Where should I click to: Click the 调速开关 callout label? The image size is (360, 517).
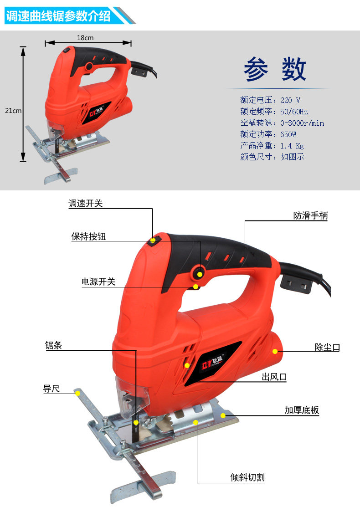[86, 204]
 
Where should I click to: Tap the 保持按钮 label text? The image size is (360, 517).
[88, 236]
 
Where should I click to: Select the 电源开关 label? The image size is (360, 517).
[98, 282]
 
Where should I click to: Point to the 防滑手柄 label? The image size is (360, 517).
[310, 215]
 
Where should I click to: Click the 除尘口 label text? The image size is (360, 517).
[327, 347]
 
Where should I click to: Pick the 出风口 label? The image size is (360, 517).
[274, 377]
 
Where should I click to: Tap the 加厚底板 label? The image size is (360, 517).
[302, 410]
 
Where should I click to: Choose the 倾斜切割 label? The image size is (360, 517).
[247, 477]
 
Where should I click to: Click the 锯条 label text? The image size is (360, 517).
[53, 345]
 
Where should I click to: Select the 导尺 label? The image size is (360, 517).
[51, 389]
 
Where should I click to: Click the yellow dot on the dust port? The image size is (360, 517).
[275, 352]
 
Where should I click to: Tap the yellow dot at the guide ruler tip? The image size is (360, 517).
[77, 394]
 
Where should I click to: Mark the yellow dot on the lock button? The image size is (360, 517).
[200, 274]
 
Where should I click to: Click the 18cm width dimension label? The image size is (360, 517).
[85, 38]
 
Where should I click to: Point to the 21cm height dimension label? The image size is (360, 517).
[13, 111]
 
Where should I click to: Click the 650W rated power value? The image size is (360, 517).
[288, 134]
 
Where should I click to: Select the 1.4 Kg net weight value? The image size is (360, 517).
[292, 146]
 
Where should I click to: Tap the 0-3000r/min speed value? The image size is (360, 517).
[302, 123]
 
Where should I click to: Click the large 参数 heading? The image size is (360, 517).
[275, 69]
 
